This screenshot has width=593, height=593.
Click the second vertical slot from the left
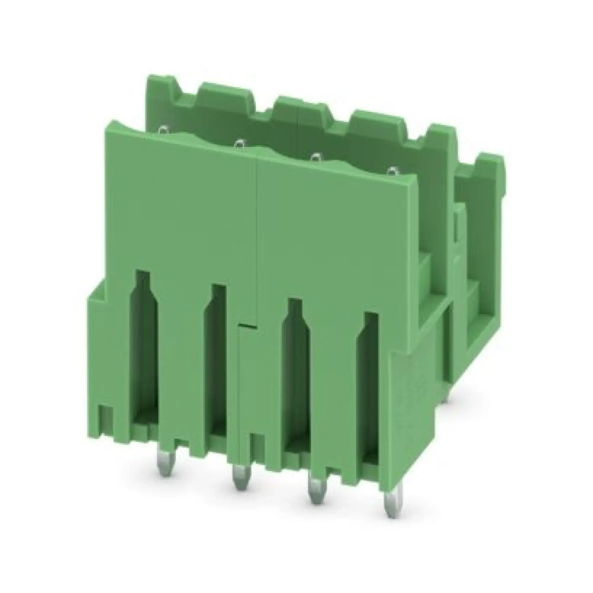point(219,353)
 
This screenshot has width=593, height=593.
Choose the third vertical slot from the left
point(295,368)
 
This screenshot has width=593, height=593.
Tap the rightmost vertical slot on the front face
point(370,384)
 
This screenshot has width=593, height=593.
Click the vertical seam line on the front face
point(256,239)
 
